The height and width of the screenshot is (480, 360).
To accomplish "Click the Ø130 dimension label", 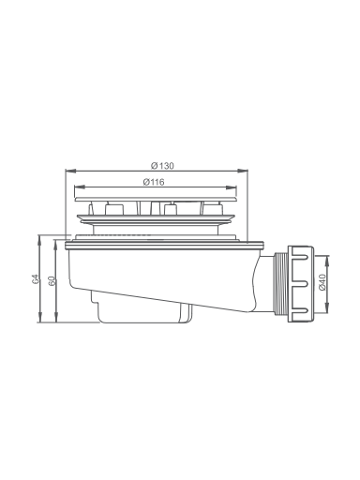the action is click(162, 165).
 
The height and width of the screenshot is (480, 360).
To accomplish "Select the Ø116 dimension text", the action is click(154, 182).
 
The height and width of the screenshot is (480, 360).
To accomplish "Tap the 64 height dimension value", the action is click(37, 279).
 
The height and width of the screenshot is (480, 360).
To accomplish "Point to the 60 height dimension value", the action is click(52, 281).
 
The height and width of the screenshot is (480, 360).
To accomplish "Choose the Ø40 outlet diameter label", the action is click(322, 282).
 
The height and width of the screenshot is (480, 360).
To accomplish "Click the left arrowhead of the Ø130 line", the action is click(70, 171).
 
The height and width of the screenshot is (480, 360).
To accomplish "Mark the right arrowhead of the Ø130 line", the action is click(242, 171).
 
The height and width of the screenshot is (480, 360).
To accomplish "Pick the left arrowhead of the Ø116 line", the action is click(80, 187).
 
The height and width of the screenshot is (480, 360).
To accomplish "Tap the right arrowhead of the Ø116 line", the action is click(231, 187).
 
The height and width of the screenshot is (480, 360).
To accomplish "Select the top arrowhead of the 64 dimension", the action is click(39, 240).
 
